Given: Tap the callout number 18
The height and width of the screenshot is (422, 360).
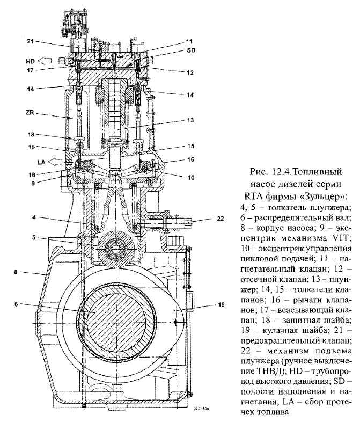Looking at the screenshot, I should click(31, 136).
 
